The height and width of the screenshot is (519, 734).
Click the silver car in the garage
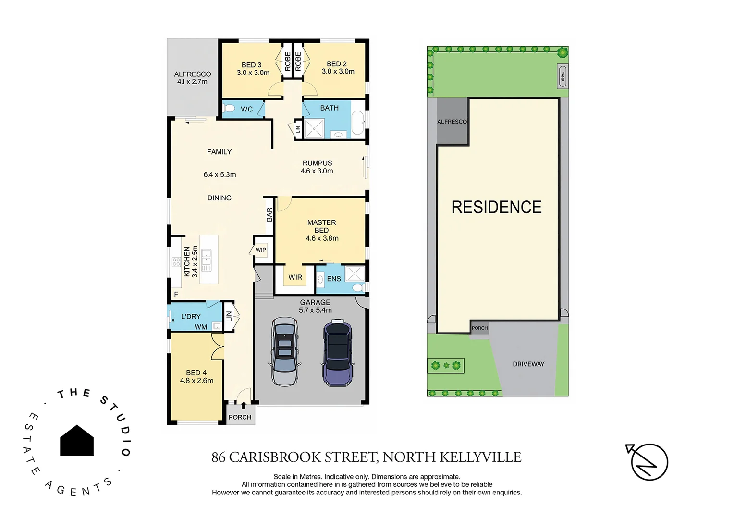point(285,351)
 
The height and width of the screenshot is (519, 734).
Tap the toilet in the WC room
point(230,108)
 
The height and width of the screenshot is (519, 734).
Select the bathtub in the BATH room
point(358,123)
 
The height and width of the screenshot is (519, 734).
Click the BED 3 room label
point(252,65)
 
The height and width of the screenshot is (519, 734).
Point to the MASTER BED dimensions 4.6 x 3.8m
point(322,238)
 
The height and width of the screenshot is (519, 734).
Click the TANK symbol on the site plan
point(562,76)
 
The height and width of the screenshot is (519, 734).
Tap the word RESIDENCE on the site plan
point(496,207)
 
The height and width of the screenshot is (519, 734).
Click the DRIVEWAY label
point(528,364)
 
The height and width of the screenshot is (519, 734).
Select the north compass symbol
point(648,462)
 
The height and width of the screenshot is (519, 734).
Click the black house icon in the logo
point(77,441)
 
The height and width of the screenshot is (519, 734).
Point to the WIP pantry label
point(261,250)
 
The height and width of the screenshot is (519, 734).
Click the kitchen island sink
point(206,259)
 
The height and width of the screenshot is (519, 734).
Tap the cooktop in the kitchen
point(176,262)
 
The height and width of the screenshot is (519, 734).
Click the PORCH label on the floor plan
point(240,417)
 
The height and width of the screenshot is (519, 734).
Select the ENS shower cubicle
point(355,273)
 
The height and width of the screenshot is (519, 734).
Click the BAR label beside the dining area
point(269,215)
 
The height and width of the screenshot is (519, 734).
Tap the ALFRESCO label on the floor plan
point(192,74)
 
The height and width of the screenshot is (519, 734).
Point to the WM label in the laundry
point(201,327)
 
